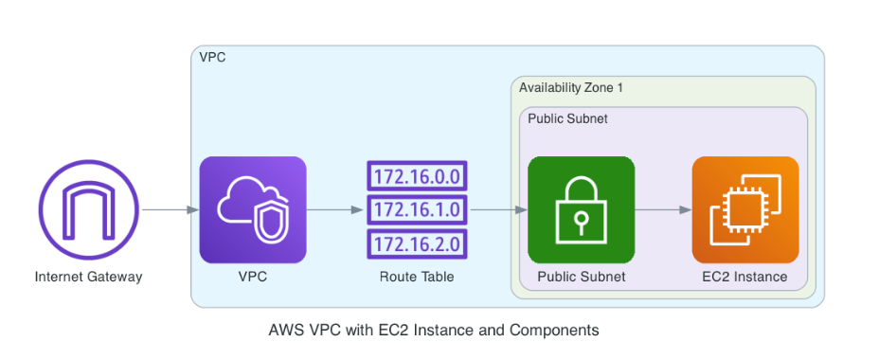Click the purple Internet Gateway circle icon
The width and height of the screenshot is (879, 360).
click(88, 209)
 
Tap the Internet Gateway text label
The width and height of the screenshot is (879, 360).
click(88, 278)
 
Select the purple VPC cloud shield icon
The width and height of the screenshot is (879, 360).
click(253, 209)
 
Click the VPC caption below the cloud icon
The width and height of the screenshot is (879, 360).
click(253, 278)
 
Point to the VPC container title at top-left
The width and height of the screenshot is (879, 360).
click(212, 57)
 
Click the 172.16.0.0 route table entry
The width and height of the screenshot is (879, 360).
click(417, 176)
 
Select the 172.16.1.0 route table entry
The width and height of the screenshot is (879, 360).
click(417, 209)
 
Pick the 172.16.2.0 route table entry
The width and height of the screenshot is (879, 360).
click(417, 243)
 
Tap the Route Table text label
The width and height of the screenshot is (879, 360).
click(417, 278)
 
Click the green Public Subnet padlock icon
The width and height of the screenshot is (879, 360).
click(581, 209)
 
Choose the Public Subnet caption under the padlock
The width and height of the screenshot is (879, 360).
click(581, 278)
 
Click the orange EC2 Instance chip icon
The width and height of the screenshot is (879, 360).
click(744, 209)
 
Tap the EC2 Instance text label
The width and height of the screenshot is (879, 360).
click(744, 278)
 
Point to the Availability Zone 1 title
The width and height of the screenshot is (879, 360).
click(570, 88)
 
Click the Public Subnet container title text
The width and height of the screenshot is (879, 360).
click(567, 119)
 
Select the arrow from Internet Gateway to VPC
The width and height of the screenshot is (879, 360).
click(169, 209)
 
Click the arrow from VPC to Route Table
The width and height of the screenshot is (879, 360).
click(335, 209)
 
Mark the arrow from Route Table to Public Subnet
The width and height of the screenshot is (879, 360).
click(498, 209)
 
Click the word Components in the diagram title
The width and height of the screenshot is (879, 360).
click(554, 331)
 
